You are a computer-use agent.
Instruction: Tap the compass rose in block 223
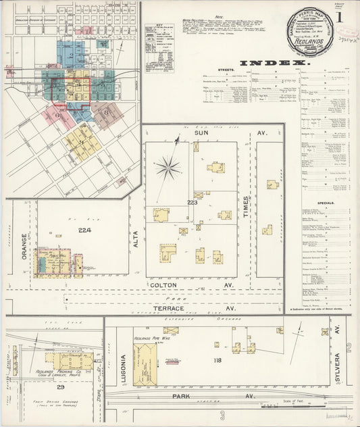point(168,167)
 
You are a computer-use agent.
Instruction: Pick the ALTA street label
point(136,238)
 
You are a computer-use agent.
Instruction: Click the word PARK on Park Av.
point(181,395)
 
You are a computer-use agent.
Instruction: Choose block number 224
point(84,230)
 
